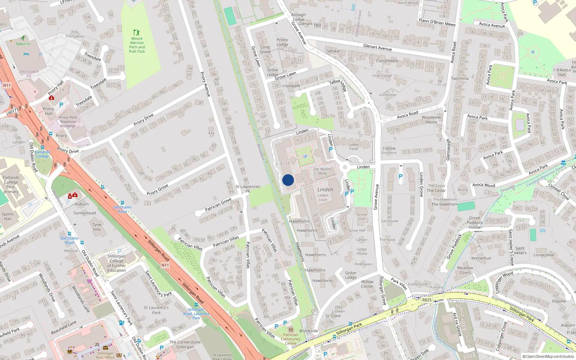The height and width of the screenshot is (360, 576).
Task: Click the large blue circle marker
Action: tap(288, 180)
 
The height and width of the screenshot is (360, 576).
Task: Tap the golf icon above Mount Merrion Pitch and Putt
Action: tap(136, 32)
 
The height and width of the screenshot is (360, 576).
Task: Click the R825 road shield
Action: tap(427, 300)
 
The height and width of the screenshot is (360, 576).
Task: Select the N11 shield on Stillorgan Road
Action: tap(165, 265)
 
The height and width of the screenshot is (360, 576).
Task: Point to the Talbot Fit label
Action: tap(23, 44)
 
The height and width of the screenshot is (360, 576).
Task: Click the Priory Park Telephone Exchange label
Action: tap(68, 122)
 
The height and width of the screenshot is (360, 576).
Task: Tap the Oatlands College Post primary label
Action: tap(11, 184)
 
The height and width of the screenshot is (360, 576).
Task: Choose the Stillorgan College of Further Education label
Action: tap(116, 263)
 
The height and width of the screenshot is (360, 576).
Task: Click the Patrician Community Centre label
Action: tap(291, 339)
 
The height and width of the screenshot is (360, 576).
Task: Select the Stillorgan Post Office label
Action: tap(105, 355)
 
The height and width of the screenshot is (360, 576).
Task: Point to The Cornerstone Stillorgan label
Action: tap(185, 345)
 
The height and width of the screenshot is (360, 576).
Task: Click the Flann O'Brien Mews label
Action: tap(437, 22)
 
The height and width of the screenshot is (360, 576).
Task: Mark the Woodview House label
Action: tap(431, 120)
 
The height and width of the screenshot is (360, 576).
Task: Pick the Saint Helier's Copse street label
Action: tap(511, 247)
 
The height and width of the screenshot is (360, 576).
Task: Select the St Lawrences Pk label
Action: tap(248, 189)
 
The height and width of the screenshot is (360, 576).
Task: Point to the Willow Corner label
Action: tap(367, 284)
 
